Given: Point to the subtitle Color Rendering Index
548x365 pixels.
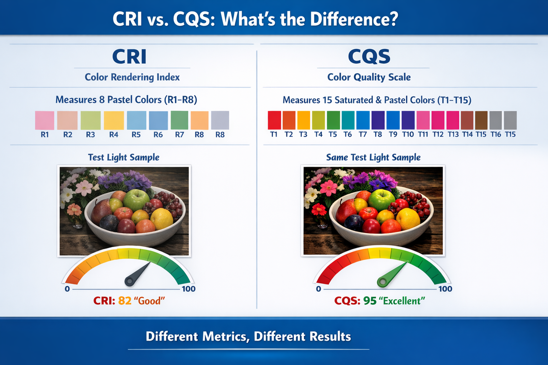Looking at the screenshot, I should coord(132,77).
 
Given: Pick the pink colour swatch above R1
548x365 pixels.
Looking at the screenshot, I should coord(44,121).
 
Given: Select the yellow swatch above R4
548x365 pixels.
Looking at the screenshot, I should coord(114,121).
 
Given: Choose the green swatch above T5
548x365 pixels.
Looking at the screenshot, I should coord(333,121).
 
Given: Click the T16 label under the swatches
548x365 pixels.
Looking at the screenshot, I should coord(495,134).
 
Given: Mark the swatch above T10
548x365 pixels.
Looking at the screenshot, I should coord(408,121).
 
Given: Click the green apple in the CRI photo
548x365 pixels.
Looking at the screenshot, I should coord(136,199).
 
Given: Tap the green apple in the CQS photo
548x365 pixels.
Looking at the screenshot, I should coord(382,199).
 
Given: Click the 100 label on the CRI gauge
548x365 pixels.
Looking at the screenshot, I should coord(189,289).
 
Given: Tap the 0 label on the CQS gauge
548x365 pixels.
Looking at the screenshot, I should coord(318,289).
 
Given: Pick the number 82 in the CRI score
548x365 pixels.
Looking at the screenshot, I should coord(124,301).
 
